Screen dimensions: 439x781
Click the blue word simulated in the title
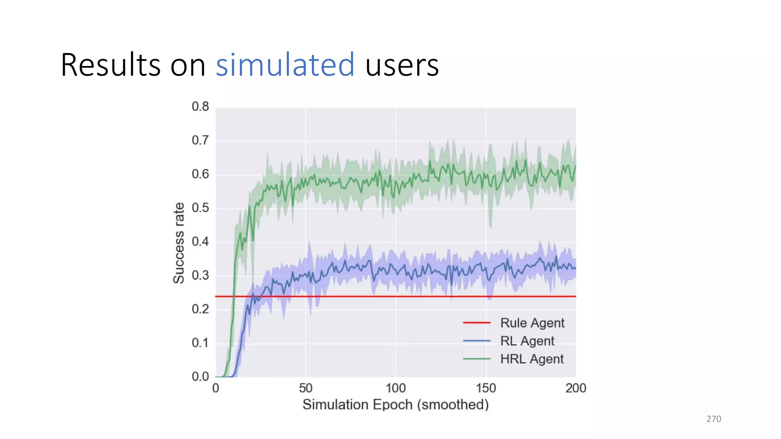point(285,65)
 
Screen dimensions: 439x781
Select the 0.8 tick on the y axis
point(200,106)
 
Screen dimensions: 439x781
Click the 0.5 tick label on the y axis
point(200,208)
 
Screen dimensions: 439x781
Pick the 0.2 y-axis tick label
point(200,309)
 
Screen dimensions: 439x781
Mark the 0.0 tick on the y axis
point(200,377)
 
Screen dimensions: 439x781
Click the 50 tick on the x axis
point(305,388)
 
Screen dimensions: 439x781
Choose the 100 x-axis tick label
point(395,388)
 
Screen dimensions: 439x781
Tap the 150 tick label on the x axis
point(485,388)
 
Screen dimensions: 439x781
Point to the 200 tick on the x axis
point(575,388)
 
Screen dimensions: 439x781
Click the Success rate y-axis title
point(178,243)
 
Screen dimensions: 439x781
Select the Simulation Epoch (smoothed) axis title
point(395,404)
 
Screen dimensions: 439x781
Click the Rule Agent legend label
point(532,323)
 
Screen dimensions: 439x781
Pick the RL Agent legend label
point(527,341)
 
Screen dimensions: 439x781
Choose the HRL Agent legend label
point(532,359)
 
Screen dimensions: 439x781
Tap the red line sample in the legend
point(476,323)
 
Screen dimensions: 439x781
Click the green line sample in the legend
point(476,359)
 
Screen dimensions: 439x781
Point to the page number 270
point(714,419)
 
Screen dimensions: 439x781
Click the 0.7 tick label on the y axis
point(200,140)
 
